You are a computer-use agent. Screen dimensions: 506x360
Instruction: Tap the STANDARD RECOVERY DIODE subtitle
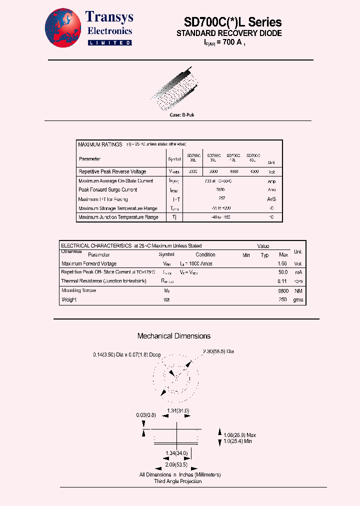coord(229,33)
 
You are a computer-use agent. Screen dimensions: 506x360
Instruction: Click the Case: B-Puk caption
coord(181,115)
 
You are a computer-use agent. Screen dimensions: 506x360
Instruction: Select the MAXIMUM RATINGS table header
coord(100,144)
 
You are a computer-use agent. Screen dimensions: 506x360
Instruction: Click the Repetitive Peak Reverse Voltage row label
coord(112,171)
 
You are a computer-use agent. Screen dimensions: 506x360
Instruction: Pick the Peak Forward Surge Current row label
coord(108,190)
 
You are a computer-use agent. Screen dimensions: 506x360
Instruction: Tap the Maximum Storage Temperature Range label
coord(118,208)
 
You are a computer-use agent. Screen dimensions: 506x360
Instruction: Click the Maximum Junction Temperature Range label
coord(118,217)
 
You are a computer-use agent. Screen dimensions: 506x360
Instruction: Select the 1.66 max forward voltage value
coord(282,263)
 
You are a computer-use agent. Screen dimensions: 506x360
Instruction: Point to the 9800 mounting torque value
coord(282,291)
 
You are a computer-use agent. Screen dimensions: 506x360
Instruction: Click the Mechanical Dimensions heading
coord(174,336)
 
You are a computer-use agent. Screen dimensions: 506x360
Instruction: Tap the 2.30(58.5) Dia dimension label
coord(218,351)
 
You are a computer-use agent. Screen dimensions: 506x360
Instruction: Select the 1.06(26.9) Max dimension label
coord(240,434)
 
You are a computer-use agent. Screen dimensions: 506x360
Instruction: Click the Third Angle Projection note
coord(178,481)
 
